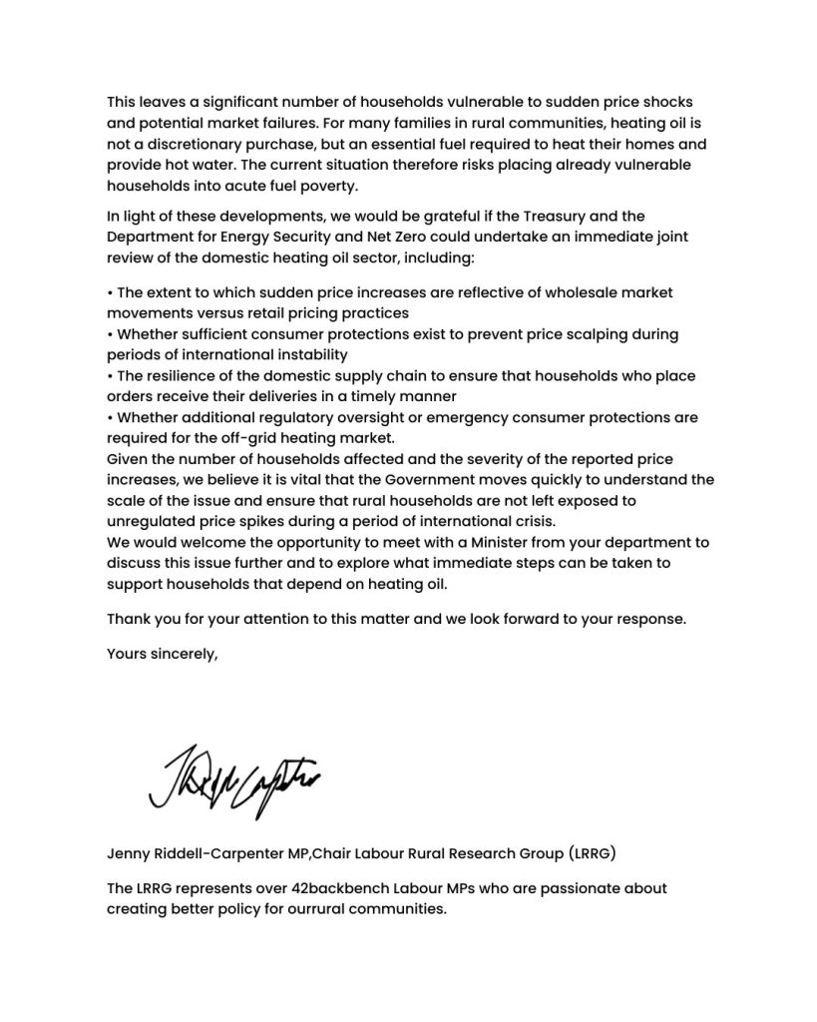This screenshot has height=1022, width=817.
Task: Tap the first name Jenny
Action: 129,853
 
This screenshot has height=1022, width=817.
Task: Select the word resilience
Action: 189,375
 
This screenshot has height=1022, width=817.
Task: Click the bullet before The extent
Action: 110,292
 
